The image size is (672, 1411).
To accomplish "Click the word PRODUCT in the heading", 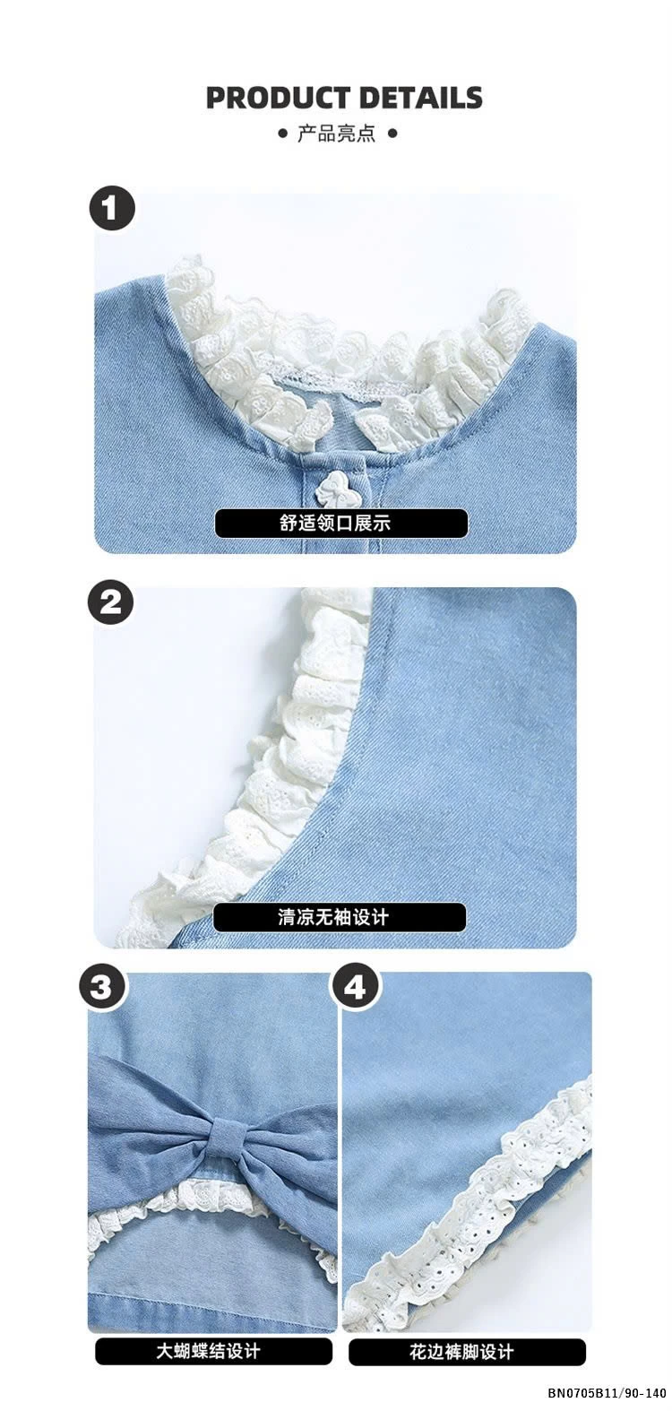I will [279, 98].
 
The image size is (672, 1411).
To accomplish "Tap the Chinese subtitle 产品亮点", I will [337, 134].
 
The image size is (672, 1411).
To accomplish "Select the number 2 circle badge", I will [110, 602].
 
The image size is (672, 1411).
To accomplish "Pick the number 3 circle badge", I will [103, 988].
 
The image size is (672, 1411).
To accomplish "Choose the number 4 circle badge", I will [356, 988].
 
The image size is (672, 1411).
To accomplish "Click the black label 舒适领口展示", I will [340, 524].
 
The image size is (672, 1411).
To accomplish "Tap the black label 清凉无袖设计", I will [340, 917].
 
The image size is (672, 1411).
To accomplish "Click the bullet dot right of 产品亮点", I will [392, 134].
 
